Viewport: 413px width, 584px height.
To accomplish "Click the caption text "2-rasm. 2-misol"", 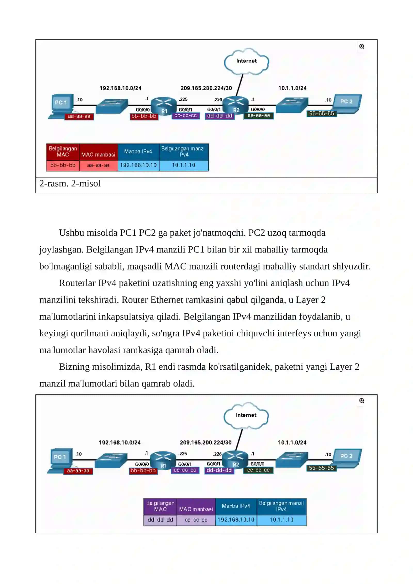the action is [70, 183].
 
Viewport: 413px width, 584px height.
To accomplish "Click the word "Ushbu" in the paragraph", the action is [72, 233].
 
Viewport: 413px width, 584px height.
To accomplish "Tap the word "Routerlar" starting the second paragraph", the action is [77, 283].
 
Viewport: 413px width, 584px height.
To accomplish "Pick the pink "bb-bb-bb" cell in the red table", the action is [63, 165].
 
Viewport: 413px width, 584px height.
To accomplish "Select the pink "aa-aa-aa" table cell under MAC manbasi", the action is [98, 165].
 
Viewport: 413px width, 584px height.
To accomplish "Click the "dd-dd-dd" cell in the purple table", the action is [160, 520].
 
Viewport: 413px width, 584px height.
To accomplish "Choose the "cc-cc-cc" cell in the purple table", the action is [196, 520].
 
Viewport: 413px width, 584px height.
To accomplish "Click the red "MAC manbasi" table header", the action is [98, 152].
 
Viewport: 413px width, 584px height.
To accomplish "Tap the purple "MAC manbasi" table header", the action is [196, 507].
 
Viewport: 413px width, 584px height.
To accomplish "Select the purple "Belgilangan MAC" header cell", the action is [160, 507].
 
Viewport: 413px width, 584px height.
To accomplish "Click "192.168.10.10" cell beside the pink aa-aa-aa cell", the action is [138, 165].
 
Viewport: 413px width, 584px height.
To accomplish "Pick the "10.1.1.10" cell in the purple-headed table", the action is [282, 520].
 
